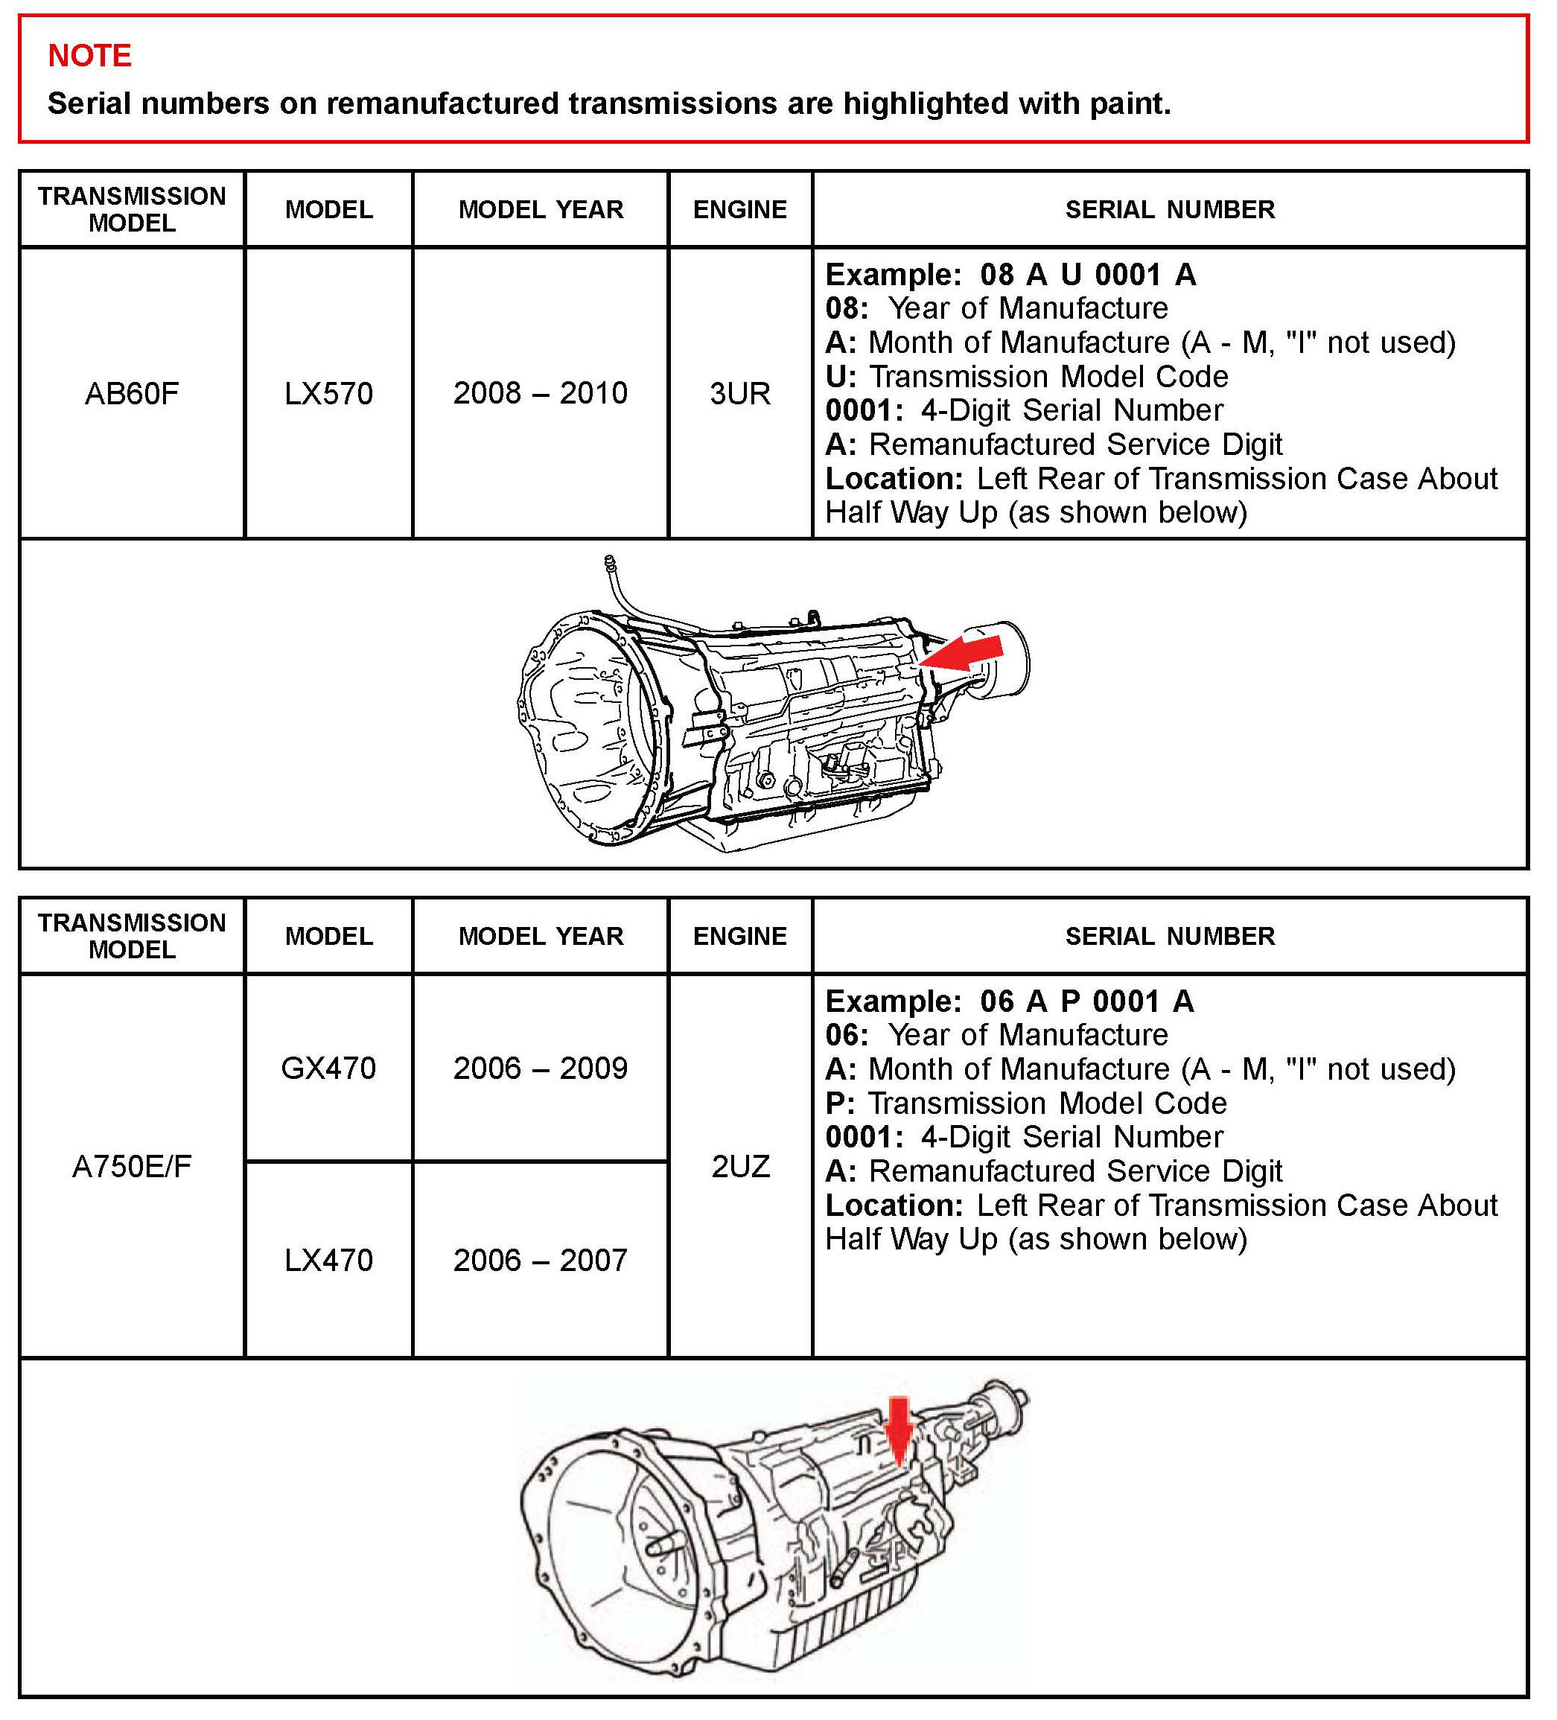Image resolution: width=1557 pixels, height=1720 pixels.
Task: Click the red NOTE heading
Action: pos(89,55)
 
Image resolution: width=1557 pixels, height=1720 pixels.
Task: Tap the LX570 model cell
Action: pos(328,393)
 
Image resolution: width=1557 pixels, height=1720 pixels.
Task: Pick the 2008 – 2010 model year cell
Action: pos(540,393)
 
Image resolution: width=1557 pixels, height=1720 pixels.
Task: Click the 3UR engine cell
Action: pos(739,393)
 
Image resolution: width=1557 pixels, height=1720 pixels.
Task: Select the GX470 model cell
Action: pos(328,1068)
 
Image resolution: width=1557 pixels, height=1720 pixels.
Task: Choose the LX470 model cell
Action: pos(328,1260)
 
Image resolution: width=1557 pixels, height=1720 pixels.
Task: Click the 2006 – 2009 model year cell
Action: pos(540,1068)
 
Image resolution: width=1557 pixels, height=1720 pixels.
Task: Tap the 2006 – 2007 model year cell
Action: pos(540,1260)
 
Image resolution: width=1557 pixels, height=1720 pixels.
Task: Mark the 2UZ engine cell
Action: pos(739,1165)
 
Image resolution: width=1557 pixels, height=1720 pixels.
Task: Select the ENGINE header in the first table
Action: pos(739,210)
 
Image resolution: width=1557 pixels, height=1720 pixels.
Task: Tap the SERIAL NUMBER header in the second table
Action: pos(1170,936)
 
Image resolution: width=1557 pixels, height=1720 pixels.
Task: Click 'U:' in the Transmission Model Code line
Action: pos(841,376)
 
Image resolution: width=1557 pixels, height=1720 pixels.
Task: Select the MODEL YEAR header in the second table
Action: pos(540,936)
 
